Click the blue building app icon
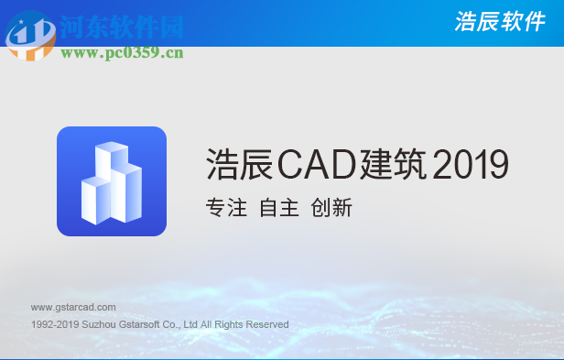112,181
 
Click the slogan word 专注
226,208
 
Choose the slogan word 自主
279,208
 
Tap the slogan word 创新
331,208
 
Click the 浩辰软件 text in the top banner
499,23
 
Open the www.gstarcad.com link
73,307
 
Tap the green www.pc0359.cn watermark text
122,53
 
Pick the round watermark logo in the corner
29,35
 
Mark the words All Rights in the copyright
221,324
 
